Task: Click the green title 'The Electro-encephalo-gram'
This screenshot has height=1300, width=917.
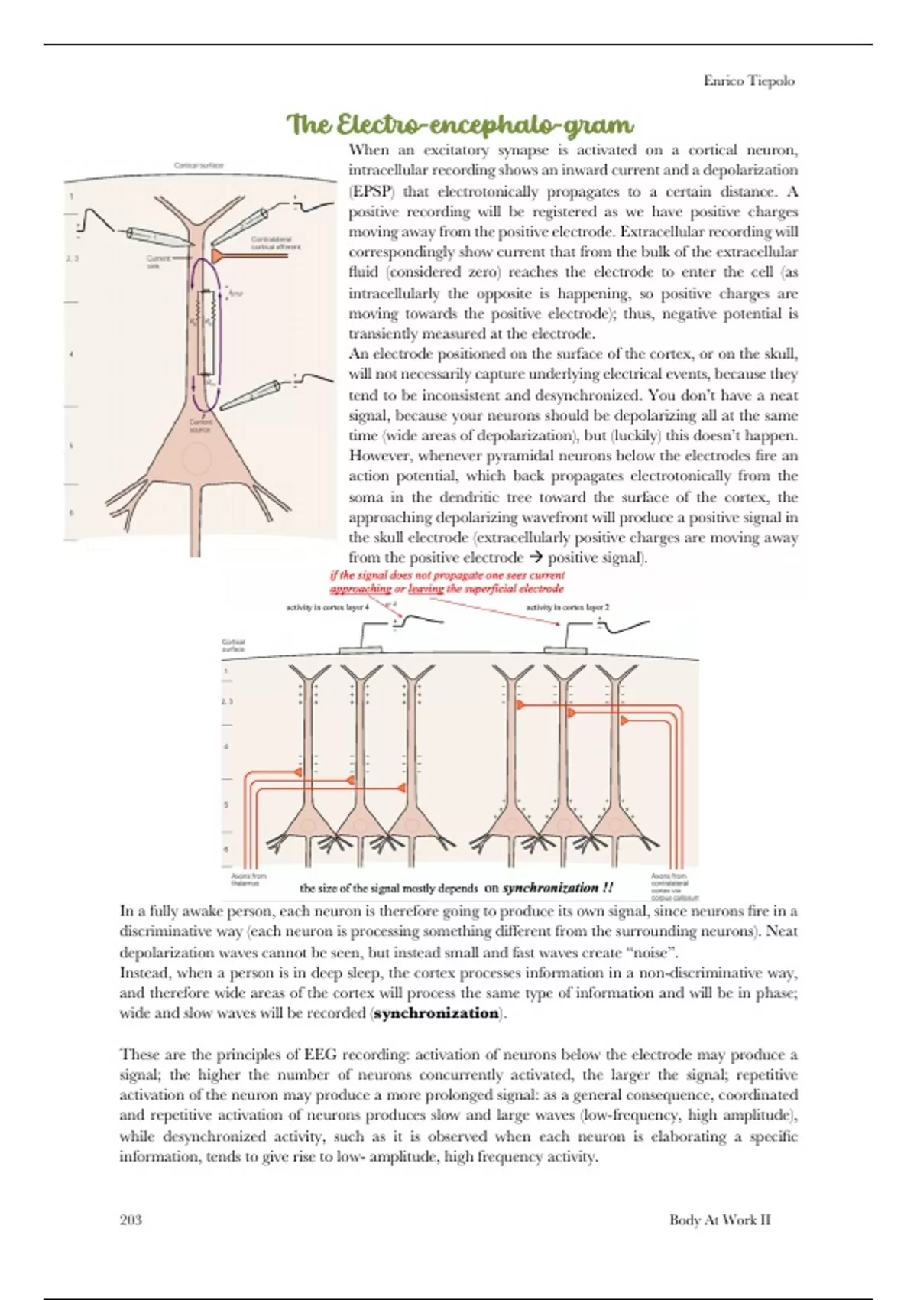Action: [459, 125]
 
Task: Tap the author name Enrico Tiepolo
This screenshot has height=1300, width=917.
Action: [749, 81]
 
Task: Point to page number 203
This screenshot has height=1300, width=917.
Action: [131, 1220]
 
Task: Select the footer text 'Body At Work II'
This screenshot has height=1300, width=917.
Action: [719, 1220]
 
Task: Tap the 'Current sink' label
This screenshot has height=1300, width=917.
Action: [159, 262]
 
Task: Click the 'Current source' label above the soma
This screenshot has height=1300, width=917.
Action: [200, 425]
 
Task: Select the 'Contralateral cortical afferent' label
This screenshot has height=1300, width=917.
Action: [275, 242]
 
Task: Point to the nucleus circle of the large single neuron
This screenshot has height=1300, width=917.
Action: [197, 459]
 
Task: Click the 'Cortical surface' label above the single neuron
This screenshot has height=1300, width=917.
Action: [199, 165]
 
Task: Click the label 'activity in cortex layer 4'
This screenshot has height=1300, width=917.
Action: [327, 608]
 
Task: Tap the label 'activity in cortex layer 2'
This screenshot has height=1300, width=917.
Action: [568, 608]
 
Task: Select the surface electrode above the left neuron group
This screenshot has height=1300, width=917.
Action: [361, 651]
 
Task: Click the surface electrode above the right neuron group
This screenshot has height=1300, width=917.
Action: [565, 651]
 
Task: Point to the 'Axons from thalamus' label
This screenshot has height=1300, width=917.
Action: [249, 879]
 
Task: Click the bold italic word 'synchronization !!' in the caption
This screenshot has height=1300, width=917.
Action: [558, 888]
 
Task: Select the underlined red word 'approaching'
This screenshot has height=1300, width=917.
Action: [361, 589]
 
